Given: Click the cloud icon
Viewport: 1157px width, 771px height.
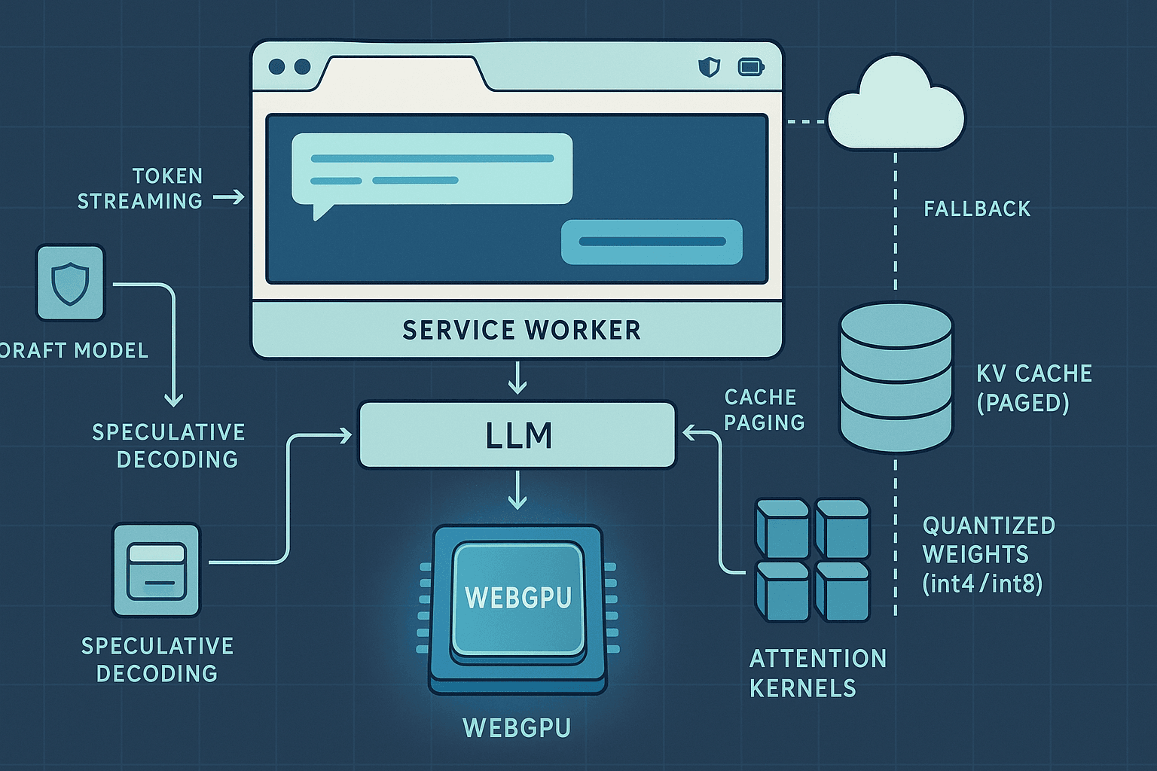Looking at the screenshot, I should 896,105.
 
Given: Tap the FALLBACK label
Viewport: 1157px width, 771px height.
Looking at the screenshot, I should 977,209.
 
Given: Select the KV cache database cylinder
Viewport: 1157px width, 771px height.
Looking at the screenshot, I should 896,376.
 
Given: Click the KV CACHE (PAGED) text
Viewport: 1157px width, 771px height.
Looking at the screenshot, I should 1033,388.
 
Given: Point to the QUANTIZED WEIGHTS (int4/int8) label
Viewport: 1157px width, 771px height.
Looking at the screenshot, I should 988,555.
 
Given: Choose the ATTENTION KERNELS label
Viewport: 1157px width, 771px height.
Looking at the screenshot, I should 817,673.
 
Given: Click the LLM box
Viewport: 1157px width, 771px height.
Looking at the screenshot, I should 517,435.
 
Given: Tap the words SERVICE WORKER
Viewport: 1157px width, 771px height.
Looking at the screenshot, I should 521,330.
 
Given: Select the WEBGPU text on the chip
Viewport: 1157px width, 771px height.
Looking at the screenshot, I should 518,597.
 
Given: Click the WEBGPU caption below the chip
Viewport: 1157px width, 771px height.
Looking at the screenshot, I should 517,727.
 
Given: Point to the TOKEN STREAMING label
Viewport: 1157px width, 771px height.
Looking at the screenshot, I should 140,188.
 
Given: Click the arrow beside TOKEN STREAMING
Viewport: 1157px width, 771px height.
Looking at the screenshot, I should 229,197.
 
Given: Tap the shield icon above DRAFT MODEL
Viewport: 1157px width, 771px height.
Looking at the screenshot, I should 70,283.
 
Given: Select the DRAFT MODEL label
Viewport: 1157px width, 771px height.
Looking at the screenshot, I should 74,350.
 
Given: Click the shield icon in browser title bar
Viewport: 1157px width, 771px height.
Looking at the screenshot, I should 709,67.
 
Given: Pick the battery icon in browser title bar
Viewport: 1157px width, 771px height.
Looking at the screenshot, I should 751,67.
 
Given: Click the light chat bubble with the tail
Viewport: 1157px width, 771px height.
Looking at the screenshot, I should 432,169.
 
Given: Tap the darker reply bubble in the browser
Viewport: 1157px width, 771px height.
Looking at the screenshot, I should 652,242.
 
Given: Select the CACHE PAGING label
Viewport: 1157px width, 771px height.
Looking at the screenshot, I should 764,410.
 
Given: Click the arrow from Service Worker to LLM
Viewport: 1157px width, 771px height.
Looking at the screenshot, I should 517,378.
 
